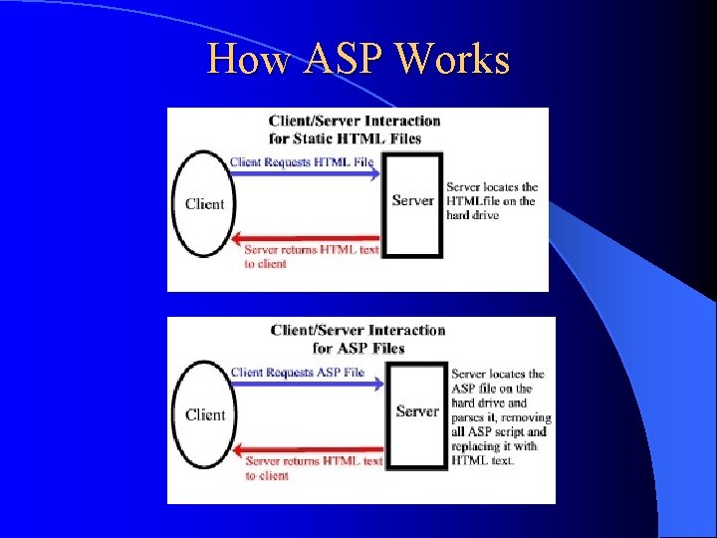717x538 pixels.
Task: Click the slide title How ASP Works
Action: coord(358,60)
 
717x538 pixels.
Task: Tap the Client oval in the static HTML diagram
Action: coord(204,203)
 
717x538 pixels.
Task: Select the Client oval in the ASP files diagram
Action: coord(205,414)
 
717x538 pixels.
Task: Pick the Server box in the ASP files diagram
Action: coord(416,412)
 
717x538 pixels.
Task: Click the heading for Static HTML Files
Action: coord(354,130)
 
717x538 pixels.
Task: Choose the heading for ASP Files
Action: coord(358,339)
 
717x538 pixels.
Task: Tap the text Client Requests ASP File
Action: coord(298,373)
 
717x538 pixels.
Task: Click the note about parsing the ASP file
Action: coord(500,417)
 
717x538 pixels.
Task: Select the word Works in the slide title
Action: coord(452,60)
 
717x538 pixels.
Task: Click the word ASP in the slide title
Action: coord(339,60)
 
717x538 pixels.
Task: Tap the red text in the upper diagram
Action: coord(311,256)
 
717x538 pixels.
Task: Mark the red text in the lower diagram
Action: coord(314,468)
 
